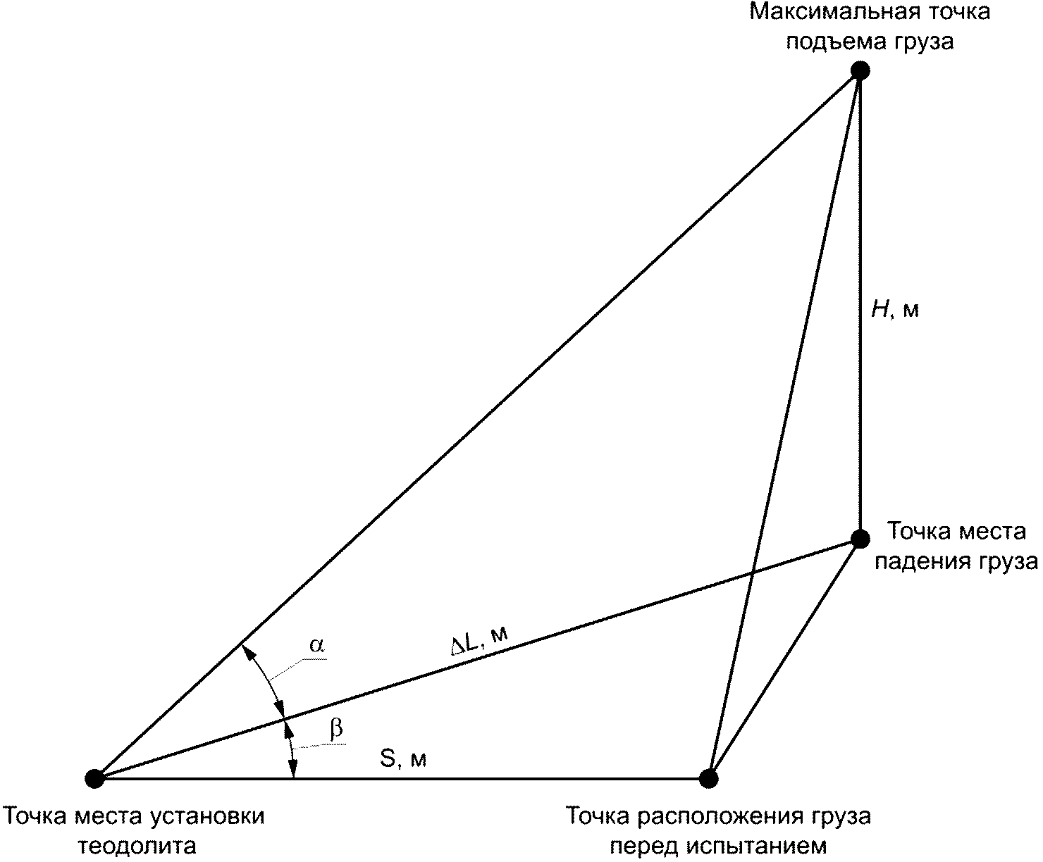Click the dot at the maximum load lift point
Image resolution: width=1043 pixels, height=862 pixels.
(859, 70)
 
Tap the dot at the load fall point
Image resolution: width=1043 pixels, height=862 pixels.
(860, 539)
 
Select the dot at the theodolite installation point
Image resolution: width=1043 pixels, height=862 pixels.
(94, 778)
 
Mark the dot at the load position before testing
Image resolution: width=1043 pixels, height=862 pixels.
(708, 777)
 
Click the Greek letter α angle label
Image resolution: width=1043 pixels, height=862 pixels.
(318, 645)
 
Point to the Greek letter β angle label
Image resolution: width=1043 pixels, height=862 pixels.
(337, 730)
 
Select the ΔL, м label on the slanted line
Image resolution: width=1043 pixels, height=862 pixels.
(479, 641)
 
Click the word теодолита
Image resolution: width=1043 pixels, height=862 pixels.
(137, 845)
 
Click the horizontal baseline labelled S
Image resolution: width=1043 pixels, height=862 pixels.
(493, 778)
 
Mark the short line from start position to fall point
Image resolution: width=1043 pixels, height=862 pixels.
(784, 659)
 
